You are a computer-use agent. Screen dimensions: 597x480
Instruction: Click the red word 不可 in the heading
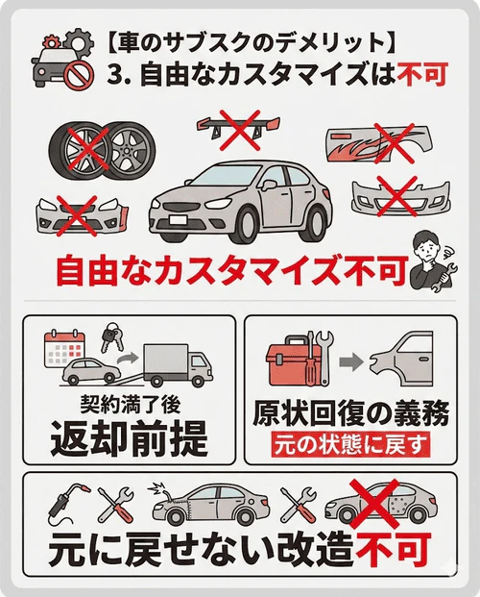(419, 74)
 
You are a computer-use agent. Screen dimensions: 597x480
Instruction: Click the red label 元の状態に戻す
(349, 445)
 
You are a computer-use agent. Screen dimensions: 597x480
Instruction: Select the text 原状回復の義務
(349, 413)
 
